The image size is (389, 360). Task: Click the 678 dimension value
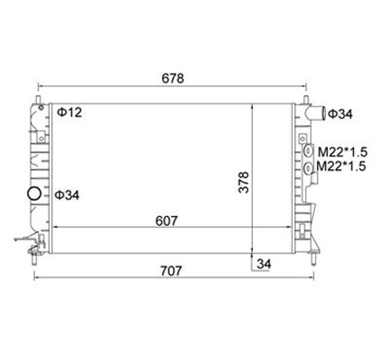tap(173, 78)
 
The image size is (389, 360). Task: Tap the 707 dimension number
tap(171, 271)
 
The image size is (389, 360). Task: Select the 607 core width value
tap(167, 221)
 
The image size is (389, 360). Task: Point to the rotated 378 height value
tap(244, 182)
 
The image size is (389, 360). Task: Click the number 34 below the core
tap(264, 264)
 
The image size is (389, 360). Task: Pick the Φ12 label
tap(69, 112)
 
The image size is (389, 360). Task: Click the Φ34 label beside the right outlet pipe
tap(340, 114)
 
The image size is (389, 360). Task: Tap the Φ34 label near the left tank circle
tap(67, 195)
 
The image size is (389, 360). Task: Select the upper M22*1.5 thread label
tap(342, 152)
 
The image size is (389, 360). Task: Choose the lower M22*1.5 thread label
tap(341, 166)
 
